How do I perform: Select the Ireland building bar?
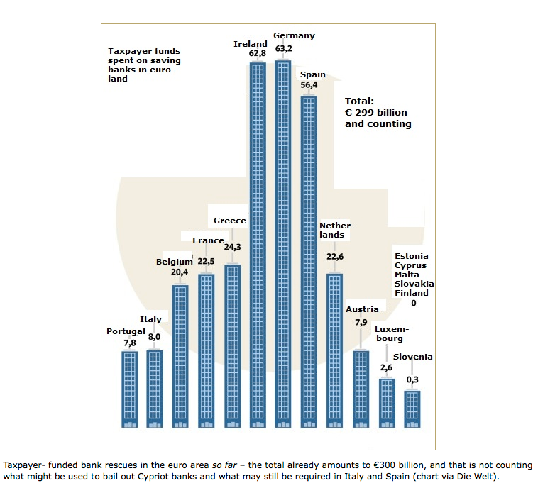[258, 245]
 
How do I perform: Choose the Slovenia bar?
[412, 409]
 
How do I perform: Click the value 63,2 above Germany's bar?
[284, 48]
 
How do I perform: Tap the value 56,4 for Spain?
[309, 86]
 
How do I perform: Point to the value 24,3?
[233, 247]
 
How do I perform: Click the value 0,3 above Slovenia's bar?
[412, 380]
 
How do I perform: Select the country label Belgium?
[175, 262]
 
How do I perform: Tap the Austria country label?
[362, 309]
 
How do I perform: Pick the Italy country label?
[150, 319]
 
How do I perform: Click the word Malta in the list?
[407, 274]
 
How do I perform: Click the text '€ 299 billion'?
[376, 112]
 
